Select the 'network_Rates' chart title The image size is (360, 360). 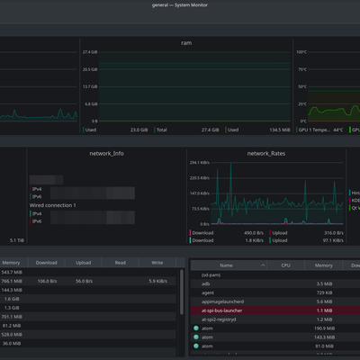coord(265,153)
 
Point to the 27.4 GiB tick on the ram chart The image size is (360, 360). coord(90,53)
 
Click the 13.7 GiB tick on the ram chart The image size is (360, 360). coord(90,86)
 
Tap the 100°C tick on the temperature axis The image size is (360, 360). coord(301,53)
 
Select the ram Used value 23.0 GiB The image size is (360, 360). coord(139,130)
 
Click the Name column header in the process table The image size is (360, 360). coord(226,265)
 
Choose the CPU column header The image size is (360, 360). coord(285,265)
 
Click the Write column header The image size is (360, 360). coord(157,263)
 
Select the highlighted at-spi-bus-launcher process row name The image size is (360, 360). coord(222,310)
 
